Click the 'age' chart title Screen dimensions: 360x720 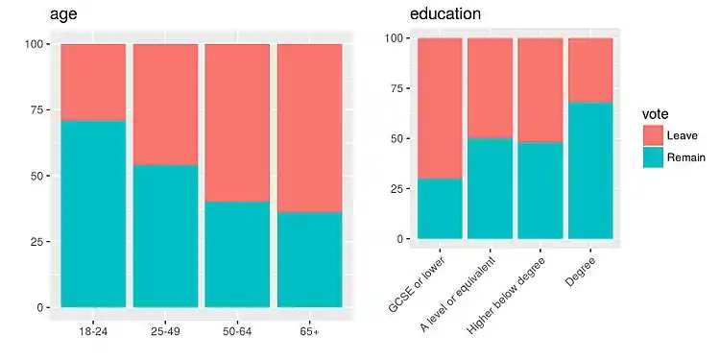coord(62,14)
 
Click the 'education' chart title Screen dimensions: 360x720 coord(445,14)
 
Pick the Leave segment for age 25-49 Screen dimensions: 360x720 coord(165,105)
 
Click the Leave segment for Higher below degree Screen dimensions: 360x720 coord(540,90)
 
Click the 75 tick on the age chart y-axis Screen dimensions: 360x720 coord(36,110)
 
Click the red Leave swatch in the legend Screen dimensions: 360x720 coord(653,135)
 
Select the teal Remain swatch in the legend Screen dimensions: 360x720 coord(653,157)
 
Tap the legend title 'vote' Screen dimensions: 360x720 coord(656,113)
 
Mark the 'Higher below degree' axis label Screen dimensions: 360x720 coord(507,295)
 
